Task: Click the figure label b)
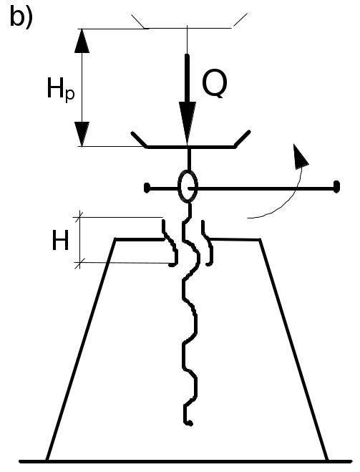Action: [x=21, y=17]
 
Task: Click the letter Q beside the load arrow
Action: [x=215, y=85]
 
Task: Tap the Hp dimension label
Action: [x=60, y=90]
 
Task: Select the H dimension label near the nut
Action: [x=60, y=240]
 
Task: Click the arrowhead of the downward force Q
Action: [x=188, y=124]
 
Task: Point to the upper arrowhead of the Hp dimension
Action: [x=82, y=41]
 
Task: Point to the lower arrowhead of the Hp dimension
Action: [x=82, y=134]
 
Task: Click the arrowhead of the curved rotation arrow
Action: [x=300, y=156]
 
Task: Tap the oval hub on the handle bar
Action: [x=188, y=186]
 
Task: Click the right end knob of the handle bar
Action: [x=336, y=187]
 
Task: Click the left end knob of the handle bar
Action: [x=147, y=188]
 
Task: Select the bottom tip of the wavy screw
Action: [x=190, y=424]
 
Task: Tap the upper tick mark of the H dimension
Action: [x=80, y=217]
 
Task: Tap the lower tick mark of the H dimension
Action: [x=79, y=263]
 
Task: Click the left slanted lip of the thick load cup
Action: [x=139, y=140]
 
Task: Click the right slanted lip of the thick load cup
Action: [x=243, y=139]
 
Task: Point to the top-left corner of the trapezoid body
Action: [x=115, y=239]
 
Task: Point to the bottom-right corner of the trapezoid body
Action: [x=327, y=461]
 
